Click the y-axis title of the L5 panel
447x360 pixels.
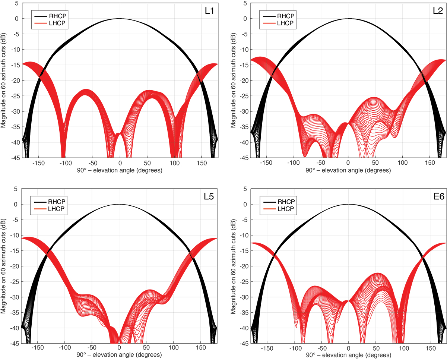tap(3, 272)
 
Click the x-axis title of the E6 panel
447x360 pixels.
tap(349, 356)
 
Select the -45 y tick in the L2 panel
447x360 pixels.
tap(245, 158)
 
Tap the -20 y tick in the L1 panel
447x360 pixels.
tap(16, 80)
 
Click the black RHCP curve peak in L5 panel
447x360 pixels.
tap(119, 204)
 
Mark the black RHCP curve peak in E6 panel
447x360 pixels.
tap(349, 204)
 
